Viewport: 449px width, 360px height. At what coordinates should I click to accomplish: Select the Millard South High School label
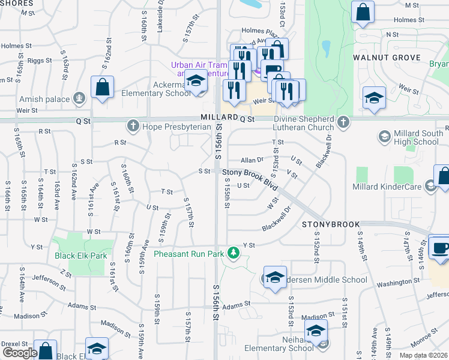[418, 138]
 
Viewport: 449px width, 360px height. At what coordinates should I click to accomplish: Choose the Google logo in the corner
[20, 353]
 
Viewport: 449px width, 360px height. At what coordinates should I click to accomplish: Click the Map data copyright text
[424, 355]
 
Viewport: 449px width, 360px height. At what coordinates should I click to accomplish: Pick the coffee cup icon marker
[439, 248]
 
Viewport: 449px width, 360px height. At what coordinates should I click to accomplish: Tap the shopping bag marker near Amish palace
[103, 87]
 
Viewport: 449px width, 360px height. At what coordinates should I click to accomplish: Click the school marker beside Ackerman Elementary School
[194, 80]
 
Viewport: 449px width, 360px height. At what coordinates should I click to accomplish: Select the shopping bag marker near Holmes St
[363, 12]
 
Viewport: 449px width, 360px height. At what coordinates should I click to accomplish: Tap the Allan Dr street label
[252, 161]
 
